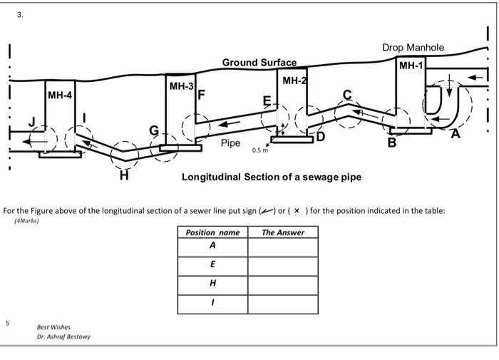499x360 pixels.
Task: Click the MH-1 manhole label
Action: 411,66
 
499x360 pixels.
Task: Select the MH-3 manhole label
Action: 181,86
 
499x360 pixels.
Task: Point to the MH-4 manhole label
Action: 60,95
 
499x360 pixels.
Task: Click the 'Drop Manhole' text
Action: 413,48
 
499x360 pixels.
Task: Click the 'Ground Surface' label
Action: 259,63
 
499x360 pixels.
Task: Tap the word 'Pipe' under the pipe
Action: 230,143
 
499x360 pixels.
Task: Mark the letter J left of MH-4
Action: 31,122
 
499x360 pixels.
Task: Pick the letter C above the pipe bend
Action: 347,94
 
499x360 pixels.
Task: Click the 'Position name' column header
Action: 212,232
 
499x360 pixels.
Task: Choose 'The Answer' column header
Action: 283,232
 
